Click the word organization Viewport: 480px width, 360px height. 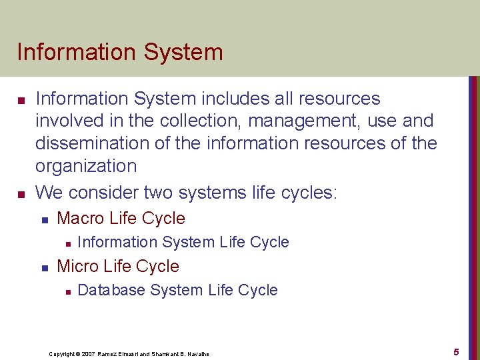(86, 166)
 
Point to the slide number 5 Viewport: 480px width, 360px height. (456, 351)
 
